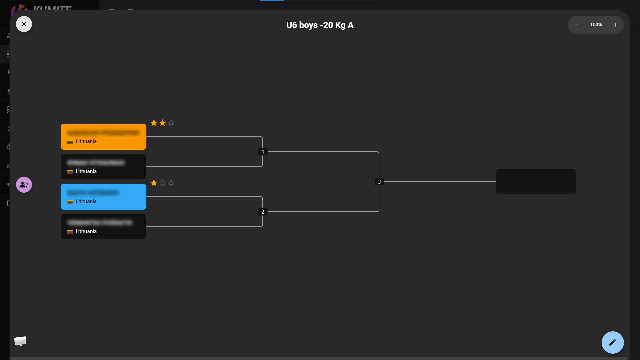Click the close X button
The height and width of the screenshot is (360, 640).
coord(24,24)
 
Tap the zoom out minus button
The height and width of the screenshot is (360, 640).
coord(577,25)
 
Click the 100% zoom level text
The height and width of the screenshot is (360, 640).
coord(596,25)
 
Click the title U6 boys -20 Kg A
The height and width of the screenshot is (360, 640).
coord(320,25)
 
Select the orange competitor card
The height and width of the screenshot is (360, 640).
coord(103,137)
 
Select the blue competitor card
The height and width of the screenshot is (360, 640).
coord(103,197)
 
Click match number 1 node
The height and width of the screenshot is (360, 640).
coord(263,152)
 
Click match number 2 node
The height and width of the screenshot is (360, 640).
coord(263,212)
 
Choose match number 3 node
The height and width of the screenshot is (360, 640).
coord(379,182)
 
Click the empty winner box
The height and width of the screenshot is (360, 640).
coord(536,182)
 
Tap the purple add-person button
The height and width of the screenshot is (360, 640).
coord(24,185)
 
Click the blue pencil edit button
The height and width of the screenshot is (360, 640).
coord(612,342)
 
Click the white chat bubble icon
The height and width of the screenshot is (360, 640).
coord(20,341)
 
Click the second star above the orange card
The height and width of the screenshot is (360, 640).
coord(162,123)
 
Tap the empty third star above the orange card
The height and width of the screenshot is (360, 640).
coord(171,123)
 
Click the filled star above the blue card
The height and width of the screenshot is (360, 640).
coord(154,183)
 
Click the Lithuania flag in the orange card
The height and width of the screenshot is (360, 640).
coord(70,142)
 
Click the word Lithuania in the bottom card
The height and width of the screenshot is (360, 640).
coord(86,231)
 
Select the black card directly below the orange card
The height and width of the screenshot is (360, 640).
coord(103,167)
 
